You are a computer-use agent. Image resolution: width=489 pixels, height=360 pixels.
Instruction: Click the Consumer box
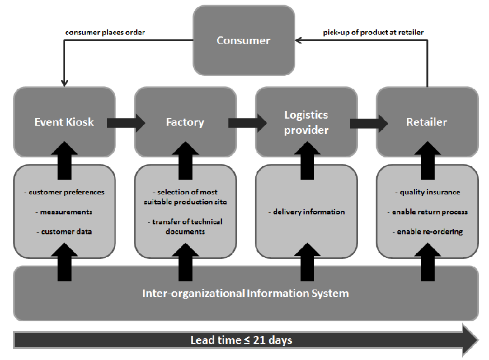coord(244,41)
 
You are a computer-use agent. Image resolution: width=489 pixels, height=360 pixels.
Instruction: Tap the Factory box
coord(185,122)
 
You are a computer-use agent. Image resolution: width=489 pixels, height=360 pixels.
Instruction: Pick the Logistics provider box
coord(306,122)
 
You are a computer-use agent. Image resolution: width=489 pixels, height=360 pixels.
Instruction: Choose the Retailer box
coord(427,122)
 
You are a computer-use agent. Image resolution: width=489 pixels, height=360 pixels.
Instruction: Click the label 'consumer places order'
coord(105,32)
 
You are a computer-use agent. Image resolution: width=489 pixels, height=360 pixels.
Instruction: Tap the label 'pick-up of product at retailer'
coord(373,32)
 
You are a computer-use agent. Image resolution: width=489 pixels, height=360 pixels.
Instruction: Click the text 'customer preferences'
coord(65,192)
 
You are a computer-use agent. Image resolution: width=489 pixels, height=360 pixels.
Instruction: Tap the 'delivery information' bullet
coord(306,211)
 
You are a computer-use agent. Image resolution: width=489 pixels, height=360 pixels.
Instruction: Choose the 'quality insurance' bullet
coord(427,192)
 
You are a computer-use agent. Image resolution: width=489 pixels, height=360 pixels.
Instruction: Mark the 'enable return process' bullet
coord(427,211)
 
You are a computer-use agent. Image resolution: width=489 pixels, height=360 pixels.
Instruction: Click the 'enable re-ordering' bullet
coord(427,231)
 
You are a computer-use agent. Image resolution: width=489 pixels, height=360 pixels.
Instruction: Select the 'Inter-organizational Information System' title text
coord(246,293)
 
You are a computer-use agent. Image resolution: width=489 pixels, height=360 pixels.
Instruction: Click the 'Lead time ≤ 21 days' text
coord(241,340)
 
